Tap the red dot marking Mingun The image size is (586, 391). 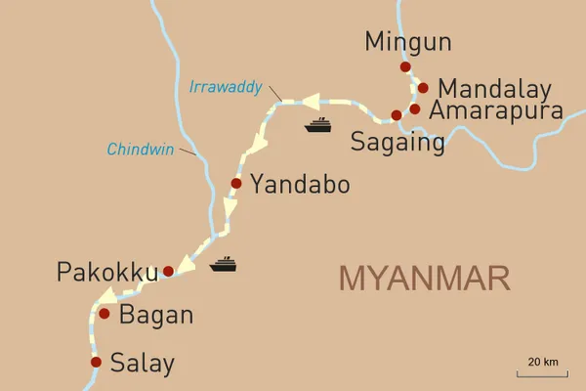coord(404,66)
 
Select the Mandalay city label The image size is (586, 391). coord(494,86)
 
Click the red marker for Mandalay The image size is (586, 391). coord(423,87)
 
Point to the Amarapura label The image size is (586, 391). coord(497,110)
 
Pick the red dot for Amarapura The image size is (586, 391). coord(415,109)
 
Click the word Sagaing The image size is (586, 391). coord(397,143)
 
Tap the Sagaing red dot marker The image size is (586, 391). coord(397,115)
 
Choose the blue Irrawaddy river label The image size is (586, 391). coord(225,87)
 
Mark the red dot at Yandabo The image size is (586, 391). coord(235,183)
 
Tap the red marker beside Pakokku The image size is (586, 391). coord(168,271)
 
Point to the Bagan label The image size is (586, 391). coord(155,316)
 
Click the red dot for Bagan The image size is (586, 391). coord(105,314)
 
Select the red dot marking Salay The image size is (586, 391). coord(96,362)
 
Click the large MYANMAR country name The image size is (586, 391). coord(424,278)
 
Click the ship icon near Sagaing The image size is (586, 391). coord(319,124)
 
